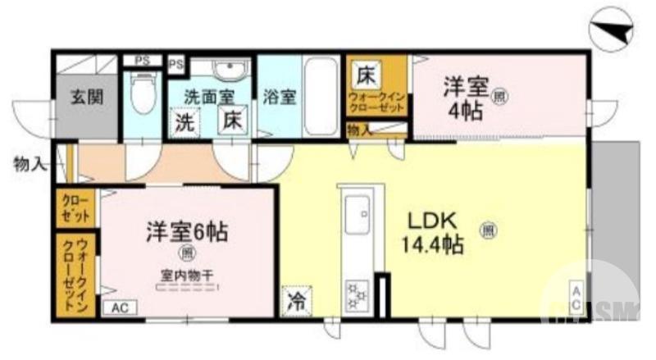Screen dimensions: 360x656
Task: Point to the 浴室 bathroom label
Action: pos(280,97)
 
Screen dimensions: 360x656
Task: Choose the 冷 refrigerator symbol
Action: pos(295,301)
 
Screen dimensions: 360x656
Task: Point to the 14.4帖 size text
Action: pos(432,244)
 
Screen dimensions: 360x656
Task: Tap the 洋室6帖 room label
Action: pos(187,230)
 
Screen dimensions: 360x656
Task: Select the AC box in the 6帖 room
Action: pos(120,308)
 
